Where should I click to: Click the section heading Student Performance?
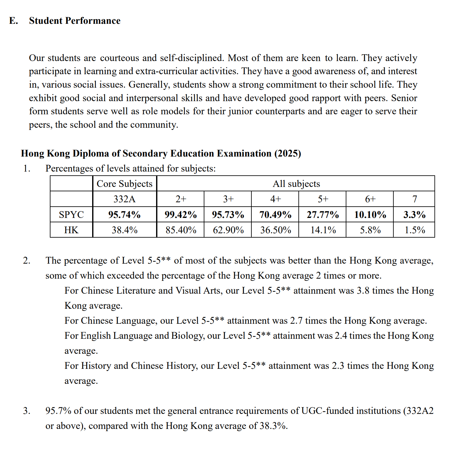coord(75,21)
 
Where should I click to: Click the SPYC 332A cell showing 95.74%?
coord(124,214)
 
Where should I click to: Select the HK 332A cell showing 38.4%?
coord(124,230)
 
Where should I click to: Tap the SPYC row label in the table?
coord(71,214)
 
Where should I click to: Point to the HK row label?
coord(71,230)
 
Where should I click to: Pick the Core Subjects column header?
coord(124,184)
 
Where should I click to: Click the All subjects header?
coord(296,184)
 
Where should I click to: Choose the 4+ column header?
coord(276,199)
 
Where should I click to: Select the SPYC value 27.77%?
coord(323,214)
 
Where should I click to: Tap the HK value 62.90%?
coord(228,230)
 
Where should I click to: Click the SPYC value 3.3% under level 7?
coord(414,214)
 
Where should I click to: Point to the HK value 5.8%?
coord(370,230)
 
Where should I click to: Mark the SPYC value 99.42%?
coord(181,214)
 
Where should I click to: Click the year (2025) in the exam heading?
coord(287,153)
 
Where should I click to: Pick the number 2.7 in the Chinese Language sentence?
coord(296,321)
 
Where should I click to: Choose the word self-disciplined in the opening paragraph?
coord(192,58)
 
